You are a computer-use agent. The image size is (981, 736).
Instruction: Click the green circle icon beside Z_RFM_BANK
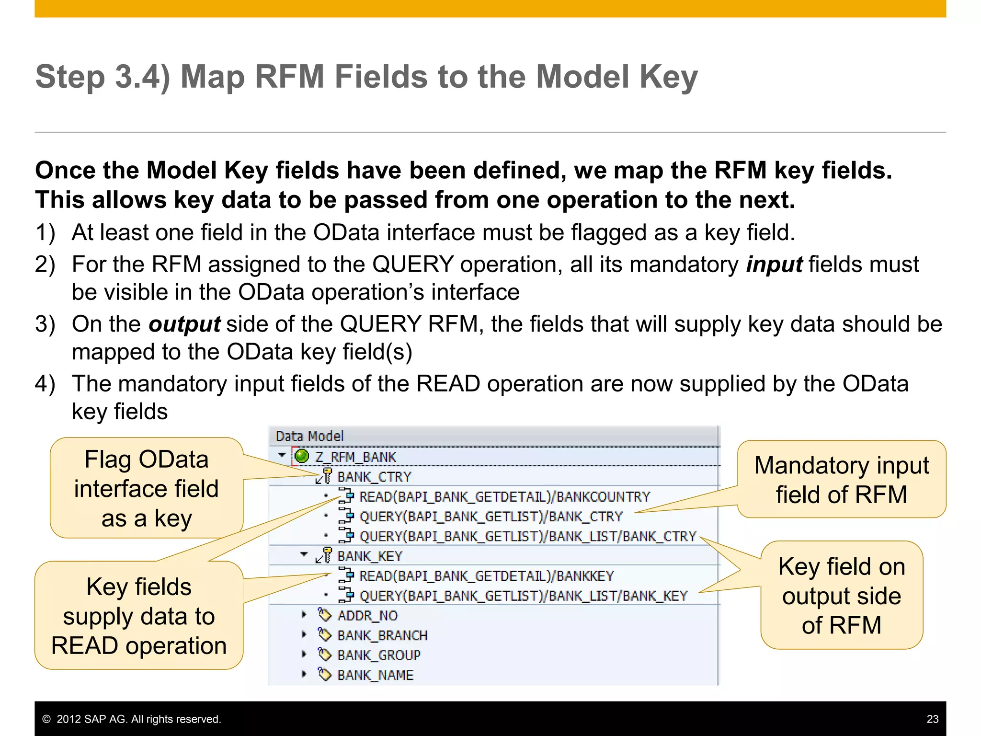click(x=302, y=456)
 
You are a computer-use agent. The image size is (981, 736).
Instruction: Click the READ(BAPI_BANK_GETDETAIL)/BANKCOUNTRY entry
click(x=504, y=497)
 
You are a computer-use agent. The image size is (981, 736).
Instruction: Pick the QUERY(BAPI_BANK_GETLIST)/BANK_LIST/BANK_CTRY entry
click(x=527, y=536)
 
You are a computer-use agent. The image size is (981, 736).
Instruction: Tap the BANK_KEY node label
click(x=370, y=556)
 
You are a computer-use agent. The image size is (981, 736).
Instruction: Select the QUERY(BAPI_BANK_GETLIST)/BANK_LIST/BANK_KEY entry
click(x=523, y=596)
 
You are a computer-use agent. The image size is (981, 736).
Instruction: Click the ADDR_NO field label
click(x=367, y=616)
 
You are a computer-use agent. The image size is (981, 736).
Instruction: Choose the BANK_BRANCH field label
click(x=382, y=635)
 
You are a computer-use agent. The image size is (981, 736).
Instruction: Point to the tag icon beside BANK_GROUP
click(x=325, y=655)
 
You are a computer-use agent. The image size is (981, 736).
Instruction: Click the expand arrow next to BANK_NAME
click(x=304, y=674)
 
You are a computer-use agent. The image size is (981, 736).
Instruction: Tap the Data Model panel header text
click(x=309, y=436)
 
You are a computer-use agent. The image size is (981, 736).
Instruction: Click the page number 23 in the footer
click(x=932, y=719)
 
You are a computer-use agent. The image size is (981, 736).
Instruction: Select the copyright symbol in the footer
click(x=46, y=719)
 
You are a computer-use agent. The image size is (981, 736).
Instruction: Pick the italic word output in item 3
click(x=184, y=324)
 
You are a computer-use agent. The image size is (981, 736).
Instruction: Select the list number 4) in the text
click(x=45, y=384)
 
